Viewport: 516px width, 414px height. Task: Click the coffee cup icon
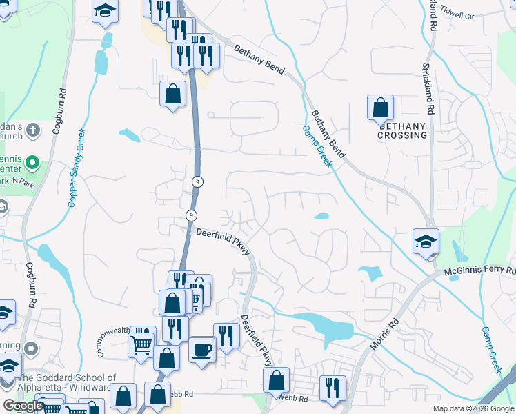click(202, 350)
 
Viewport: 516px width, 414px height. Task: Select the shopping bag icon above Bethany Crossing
click(380, 108)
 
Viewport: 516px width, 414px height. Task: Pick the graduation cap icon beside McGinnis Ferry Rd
click(426, 241)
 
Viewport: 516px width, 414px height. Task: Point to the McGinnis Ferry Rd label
click(481, 270)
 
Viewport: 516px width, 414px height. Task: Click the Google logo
click(22, 406)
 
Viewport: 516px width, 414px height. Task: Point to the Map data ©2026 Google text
click(473, 408)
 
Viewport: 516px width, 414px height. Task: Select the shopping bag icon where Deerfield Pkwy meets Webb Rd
click(276, 379)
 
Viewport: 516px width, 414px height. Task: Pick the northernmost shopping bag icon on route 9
click(172, 94)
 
